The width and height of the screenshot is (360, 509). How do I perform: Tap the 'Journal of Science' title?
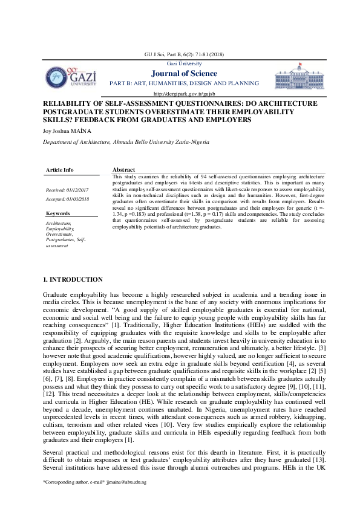pos(184,74)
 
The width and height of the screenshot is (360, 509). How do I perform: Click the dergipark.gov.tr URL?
pos(184,94)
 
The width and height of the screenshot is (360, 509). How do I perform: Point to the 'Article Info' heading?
pos(60,170)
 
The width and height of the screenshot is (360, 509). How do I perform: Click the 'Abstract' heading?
pos(123,170)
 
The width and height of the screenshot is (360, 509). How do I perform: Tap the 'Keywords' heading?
pos(58,213)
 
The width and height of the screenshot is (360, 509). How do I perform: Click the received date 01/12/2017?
pos(68,190)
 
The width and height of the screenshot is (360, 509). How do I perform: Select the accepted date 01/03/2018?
pos(68,198)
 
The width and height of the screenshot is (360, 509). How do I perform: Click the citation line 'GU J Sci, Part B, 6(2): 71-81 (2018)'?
pos(184,56)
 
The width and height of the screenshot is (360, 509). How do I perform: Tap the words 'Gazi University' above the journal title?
pos(184,63)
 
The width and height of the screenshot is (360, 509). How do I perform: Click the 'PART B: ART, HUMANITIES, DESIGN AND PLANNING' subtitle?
pos(184,83)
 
